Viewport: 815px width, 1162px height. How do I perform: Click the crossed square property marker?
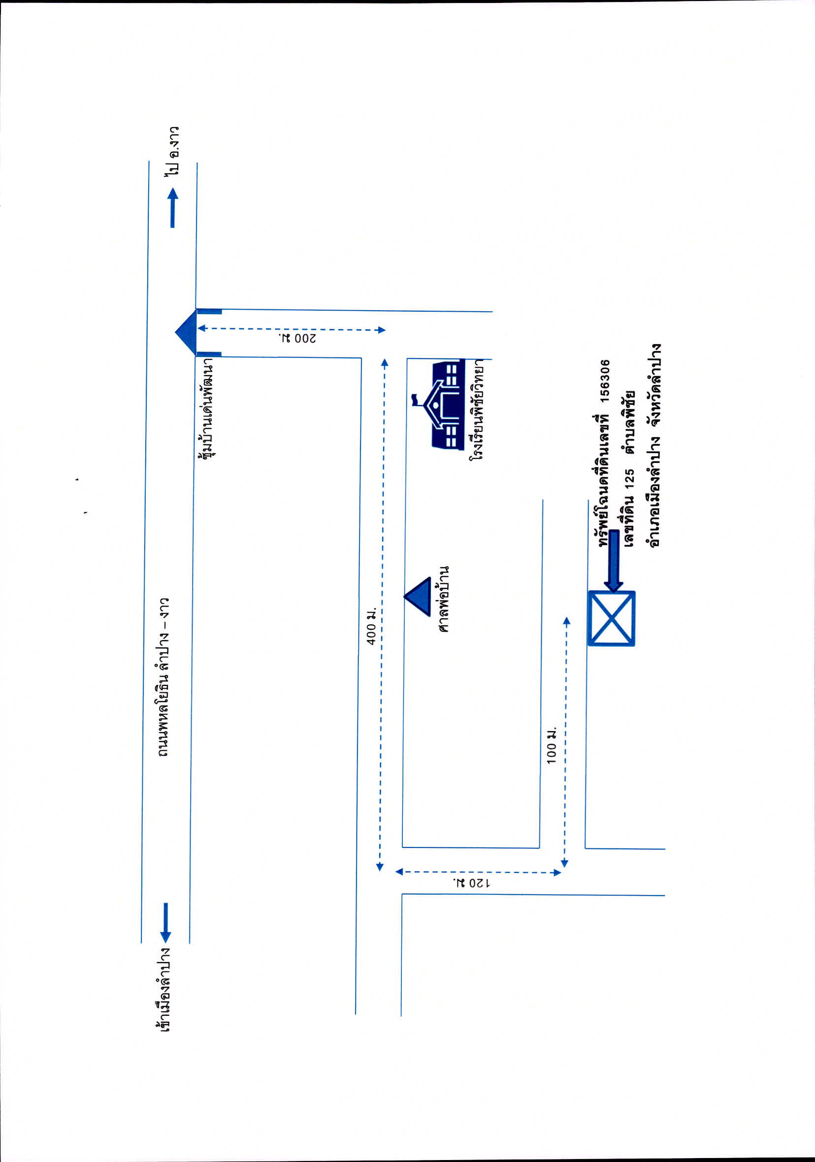612,618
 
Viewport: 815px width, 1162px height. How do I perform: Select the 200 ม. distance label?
298,338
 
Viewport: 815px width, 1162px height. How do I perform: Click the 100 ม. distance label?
551,745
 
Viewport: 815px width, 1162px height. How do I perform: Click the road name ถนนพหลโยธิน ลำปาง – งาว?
163,677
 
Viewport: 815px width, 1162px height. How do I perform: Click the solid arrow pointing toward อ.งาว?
173,207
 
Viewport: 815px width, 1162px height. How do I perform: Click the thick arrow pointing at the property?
613,561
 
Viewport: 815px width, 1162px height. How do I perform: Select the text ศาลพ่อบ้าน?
443,599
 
